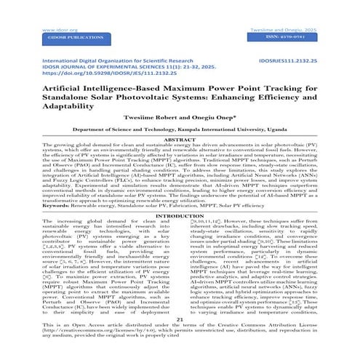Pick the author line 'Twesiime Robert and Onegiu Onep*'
click(180, 124)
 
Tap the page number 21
click(180, 337)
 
